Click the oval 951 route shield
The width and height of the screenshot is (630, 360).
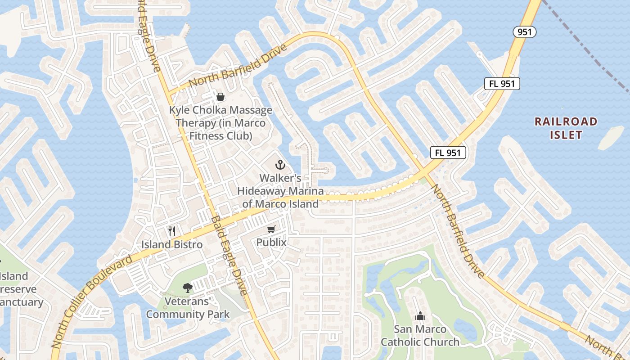[525, 31]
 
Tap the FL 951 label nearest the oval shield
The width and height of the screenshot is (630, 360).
[502, 83]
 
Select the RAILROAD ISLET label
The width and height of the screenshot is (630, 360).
[566, 128]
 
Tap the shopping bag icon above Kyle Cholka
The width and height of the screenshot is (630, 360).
[220, 96]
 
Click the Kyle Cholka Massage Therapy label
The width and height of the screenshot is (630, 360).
[220, 123]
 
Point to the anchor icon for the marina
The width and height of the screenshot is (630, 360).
[280, 165]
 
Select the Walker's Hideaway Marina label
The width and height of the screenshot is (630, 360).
[280, 191]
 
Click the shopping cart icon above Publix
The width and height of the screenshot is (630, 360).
[271, 230]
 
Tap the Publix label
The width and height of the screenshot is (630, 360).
[271, 242]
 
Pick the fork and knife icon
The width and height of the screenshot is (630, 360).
[171, 231]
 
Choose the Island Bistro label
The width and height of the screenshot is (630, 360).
[172, 244]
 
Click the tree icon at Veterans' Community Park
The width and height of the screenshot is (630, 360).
[187, 288]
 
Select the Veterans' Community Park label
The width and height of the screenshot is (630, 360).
[188, 308]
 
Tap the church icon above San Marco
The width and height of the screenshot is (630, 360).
[420, 316]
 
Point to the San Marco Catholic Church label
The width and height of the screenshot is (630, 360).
[420, 335]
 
